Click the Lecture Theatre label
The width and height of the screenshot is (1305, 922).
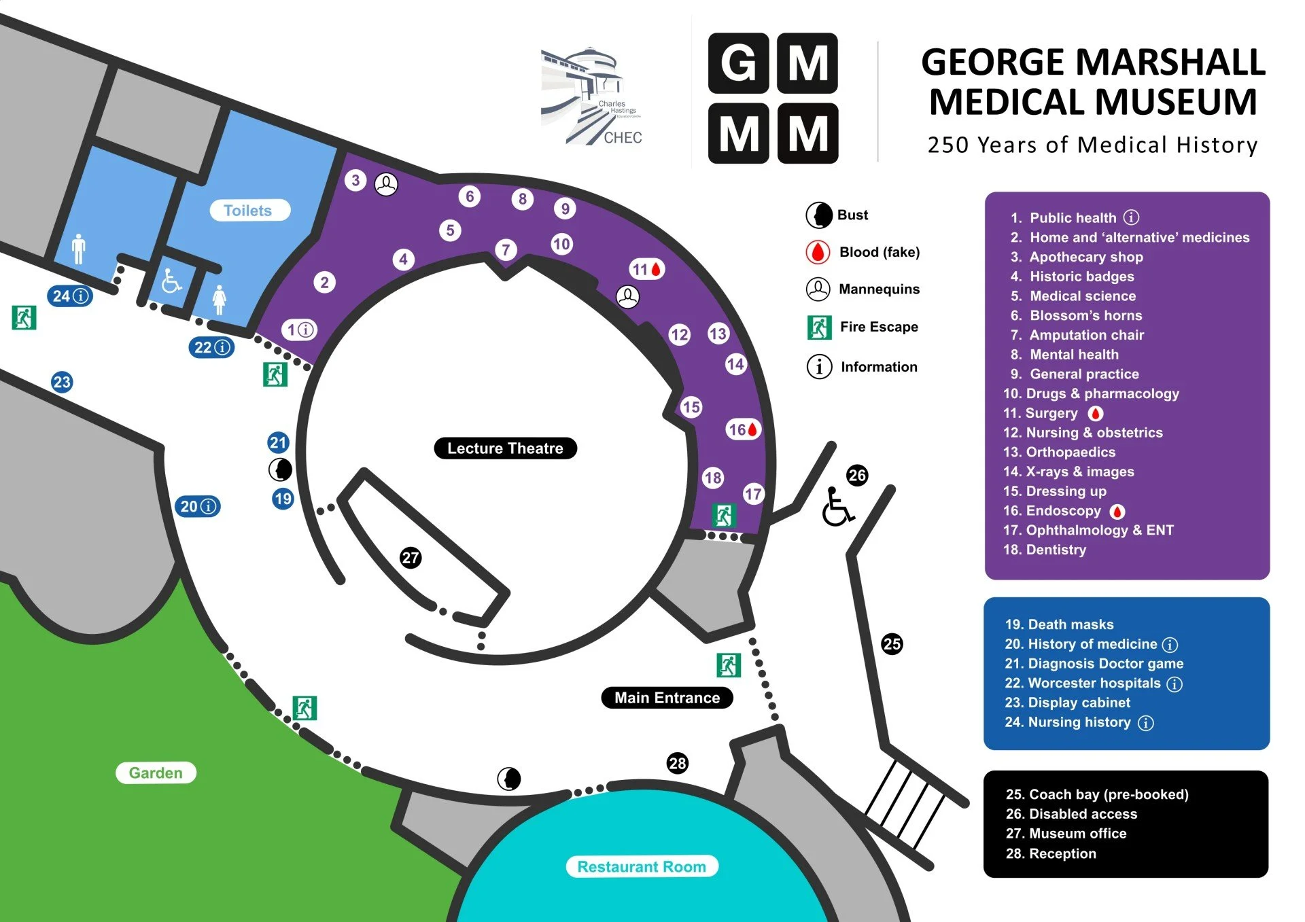[505, 448]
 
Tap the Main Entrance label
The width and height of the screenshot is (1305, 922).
[667, 698]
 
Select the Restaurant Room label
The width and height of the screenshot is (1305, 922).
[642, 866]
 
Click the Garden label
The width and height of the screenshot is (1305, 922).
[156, 773]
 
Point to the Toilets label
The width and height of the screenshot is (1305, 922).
[247, 211]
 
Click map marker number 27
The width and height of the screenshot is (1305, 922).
[411, 558]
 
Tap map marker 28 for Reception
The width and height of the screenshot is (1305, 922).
[677, 763]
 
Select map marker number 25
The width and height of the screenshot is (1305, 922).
[892, 643]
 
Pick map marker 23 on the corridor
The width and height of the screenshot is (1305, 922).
[62, 382]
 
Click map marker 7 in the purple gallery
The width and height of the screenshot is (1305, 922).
[506, 249]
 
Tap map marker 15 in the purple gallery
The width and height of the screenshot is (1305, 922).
[691, 407]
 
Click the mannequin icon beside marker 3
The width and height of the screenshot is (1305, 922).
[386, 183]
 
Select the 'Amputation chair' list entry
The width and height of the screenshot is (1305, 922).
[1086, 335]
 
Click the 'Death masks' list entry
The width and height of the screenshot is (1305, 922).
[1071, 624]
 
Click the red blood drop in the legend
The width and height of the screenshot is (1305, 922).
[818, 252]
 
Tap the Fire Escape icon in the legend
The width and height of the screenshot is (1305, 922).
[819, 327]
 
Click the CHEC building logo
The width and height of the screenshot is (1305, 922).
[591, 96]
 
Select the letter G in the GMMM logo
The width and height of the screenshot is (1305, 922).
[738, 63]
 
